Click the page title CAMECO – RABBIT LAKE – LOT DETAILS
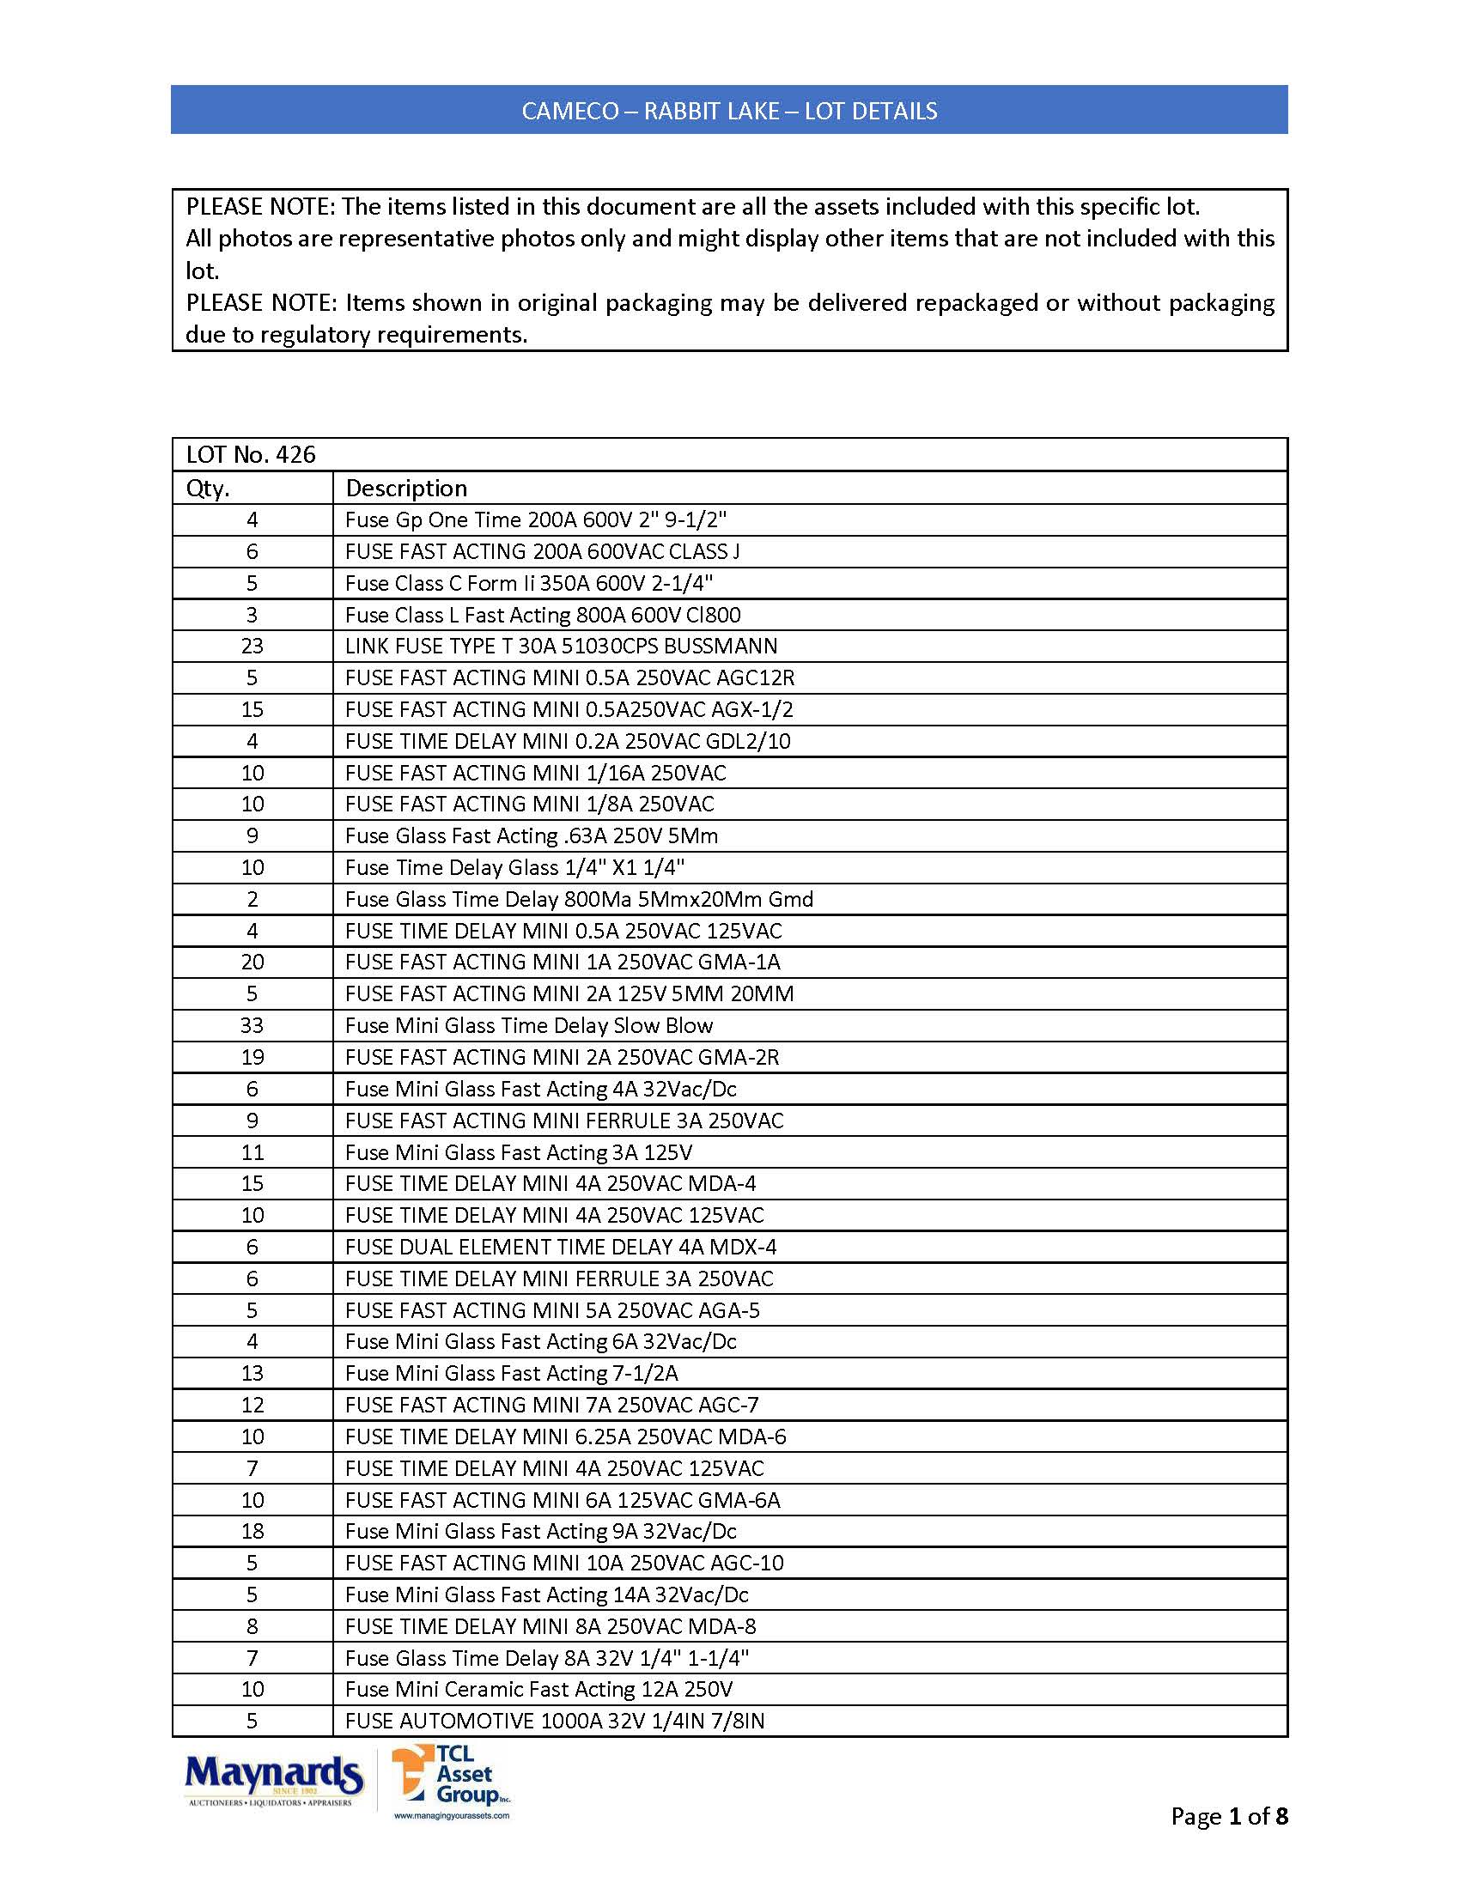point(729,111)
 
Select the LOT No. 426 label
point(251,455)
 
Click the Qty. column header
point(209,489)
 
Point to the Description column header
point(405,489)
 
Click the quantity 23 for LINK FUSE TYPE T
point(252,646)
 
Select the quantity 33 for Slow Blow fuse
point(252,1026)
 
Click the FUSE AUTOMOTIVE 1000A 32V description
point(555,1722)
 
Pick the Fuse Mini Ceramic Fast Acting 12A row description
point(538,1689)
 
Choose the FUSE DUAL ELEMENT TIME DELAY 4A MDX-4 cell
point(561,1248)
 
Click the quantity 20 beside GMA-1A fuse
point(252,963)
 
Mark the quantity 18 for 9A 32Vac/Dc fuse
point(252,1532)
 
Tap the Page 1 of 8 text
point(1228,1816)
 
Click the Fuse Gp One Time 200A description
point(535,519)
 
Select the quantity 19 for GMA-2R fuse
point(252,1057)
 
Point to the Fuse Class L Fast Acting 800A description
point(542,615)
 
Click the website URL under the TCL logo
point(452,1815)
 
